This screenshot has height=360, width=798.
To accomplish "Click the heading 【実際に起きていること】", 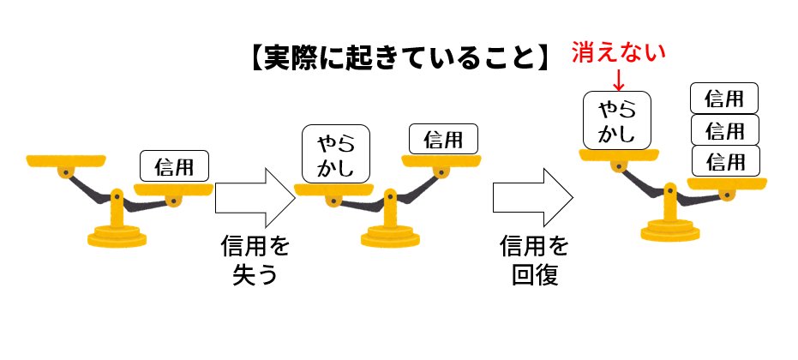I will [x=397, y=62].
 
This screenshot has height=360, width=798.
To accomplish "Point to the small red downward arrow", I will [x=619, y=80].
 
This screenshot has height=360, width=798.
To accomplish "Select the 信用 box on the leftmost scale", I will [x=174, y=165].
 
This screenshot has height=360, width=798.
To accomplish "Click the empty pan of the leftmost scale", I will [x=66, y=159].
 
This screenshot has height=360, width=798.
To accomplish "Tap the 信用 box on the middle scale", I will [x=443, y=138].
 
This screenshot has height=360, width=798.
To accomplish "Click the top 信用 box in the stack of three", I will [x=723, y=99].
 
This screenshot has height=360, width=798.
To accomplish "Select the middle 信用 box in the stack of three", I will [x=723, y=129].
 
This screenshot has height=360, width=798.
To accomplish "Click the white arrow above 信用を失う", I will [x=255, y=196].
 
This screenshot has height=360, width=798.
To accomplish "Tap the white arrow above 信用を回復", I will [x=531, y=196].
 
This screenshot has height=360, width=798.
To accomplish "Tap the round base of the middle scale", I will [x=390, y=236].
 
